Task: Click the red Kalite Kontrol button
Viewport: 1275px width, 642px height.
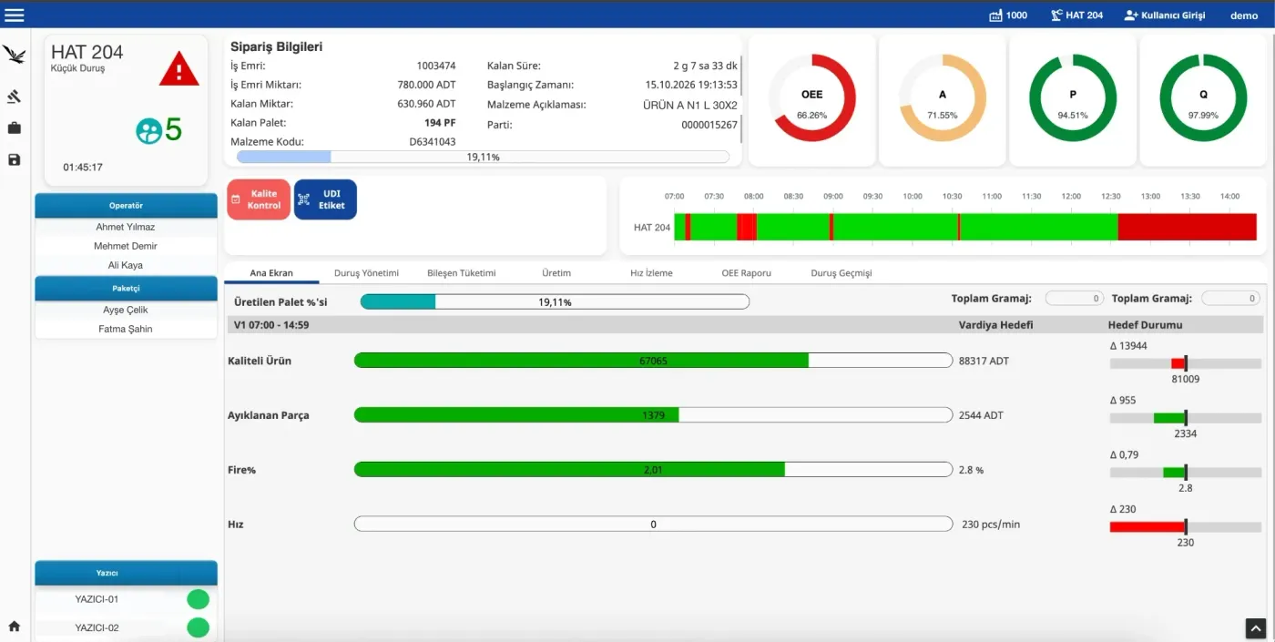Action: (x=259, y=199)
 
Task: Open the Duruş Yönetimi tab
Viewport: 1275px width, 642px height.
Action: (x=366, y=272)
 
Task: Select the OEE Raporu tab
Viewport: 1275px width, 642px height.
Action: (x=746, y=272)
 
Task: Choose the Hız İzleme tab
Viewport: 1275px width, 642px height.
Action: (x=651, y=272)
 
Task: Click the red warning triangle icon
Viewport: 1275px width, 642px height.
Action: (x=178, y=69)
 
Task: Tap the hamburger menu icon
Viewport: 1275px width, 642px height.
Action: (x=15, y=15)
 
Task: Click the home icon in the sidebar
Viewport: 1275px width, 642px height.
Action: (x=15, y=627)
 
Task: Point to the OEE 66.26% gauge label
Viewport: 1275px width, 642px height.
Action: (x=811, y=104)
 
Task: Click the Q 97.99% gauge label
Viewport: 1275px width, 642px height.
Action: (x=1203, y=104)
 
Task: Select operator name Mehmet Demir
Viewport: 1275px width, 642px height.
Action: (x=126, y=246)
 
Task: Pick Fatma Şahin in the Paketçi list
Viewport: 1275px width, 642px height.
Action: (x=126, y=329)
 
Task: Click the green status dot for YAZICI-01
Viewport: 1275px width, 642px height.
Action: (x=199, y=599)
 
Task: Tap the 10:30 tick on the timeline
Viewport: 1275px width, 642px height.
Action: (x=952, y=197)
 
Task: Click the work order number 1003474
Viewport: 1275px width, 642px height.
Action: (x=436, y=66)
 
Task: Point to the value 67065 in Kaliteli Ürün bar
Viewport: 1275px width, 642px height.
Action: (x=653, y=361)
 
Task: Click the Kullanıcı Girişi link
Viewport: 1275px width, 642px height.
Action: (x=1165, y=15)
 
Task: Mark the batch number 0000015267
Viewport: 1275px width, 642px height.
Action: (x=709, y=125)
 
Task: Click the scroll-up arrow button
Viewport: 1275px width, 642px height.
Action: (x=1255, y=628)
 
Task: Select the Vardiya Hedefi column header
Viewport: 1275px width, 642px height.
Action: (x=995, y=325)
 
